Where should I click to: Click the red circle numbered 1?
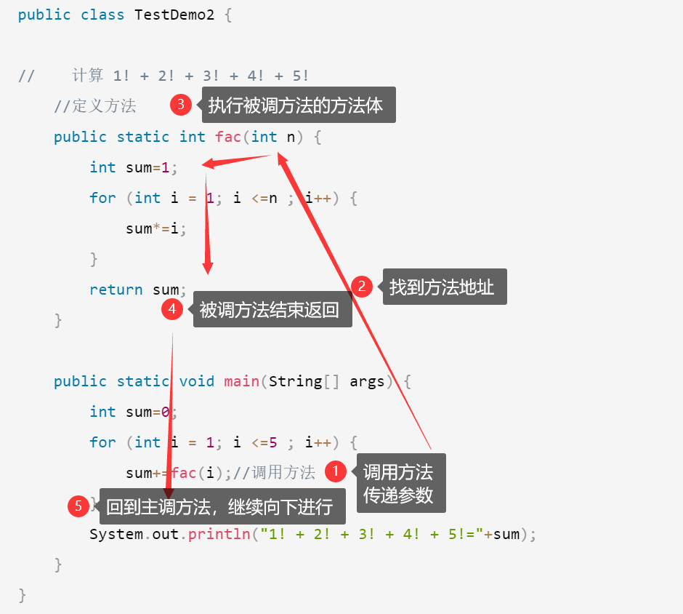(335, 471)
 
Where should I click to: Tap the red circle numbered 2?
(361, 286)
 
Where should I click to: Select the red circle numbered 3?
(181, 105)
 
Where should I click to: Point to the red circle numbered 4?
(172, 309)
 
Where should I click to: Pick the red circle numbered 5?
(78, 506)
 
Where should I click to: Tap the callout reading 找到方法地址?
(442, 287)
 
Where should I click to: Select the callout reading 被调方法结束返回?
(270, 310)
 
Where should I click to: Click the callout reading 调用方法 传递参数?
(398, 484)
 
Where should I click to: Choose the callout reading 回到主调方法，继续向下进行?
(219, 506)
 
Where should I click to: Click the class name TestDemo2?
(174, 15)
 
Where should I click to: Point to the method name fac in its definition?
(228, 137)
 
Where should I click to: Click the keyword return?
(116, 290)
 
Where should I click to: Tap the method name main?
(241, 381)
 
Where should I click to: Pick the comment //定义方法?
(95, 106)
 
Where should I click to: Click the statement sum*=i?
(156, 228)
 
